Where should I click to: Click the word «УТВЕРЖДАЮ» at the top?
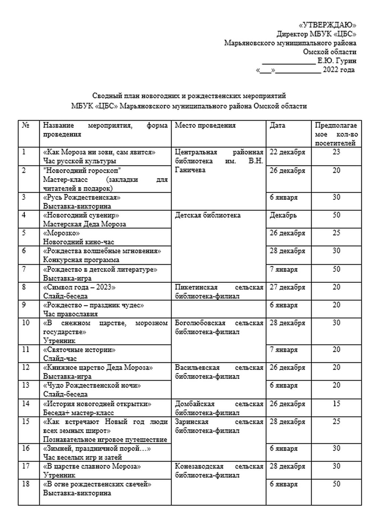click(327, 25)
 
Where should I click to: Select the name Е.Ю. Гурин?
click(337, 61)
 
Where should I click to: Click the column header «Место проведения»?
click(205, 125)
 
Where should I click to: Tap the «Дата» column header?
click(277, 125)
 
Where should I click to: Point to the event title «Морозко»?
click(61, 233)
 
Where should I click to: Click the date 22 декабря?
click(287, 152)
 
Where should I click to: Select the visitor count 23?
click(336, 152)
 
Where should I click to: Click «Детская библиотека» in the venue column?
click(208, 215)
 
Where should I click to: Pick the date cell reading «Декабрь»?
click(283, 215)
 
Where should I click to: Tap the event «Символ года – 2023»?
click(79, 287)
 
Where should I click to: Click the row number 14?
click(26, 404)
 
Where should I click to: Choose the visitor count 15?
click(336, 404)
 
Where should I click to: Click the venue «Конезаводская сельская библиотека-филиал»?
click(219, 471)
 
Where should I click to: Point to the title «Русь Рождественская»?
click(82, 197)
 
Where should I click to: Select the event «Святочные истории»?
click(79, 350)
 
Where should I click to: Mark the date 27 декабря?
click(287, 287)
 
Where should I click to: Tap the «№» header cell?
click(25, 125)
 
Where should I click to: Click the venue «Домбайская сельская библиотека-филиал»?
click(219, 408)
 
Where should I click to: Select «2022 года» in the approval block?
click(339, 70)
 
